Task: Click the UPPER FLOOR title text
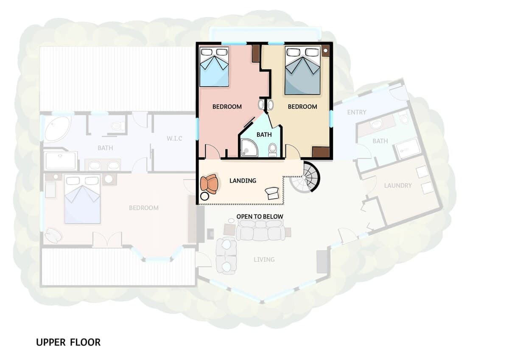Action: point(68,342)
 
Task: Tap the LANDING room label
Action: point(243,180)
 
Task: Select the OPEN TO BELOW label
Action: point(260,217)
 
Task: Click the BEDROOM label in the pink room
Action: point(227,107)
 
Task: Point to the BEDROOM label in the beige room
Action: point(302,107)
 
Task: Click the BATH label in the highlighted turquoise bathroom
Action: point(264,135)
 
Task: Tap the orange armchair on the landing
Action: point(210,184)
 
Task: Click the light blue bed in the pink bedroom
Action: point(214,67)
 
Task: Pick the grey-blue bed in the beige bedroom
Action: point(302,70)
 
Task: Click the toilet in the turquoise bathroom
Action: point(272,150)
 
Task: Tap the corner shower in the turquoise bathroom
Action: point(249,148)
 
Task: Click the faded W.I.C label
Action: point(174,138)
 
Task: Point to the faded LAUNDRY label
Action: point(398,186)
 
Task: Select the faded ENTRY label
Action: point(357,112)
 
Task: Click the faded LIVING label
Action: point(264,259)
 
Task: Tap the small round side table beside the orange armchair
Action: point(204,196)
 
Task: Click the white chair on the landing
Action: point(272,193)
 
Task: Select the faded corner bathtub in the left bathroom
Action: point(57,129)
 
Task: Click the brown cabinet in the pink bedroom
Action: point(256,53)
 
